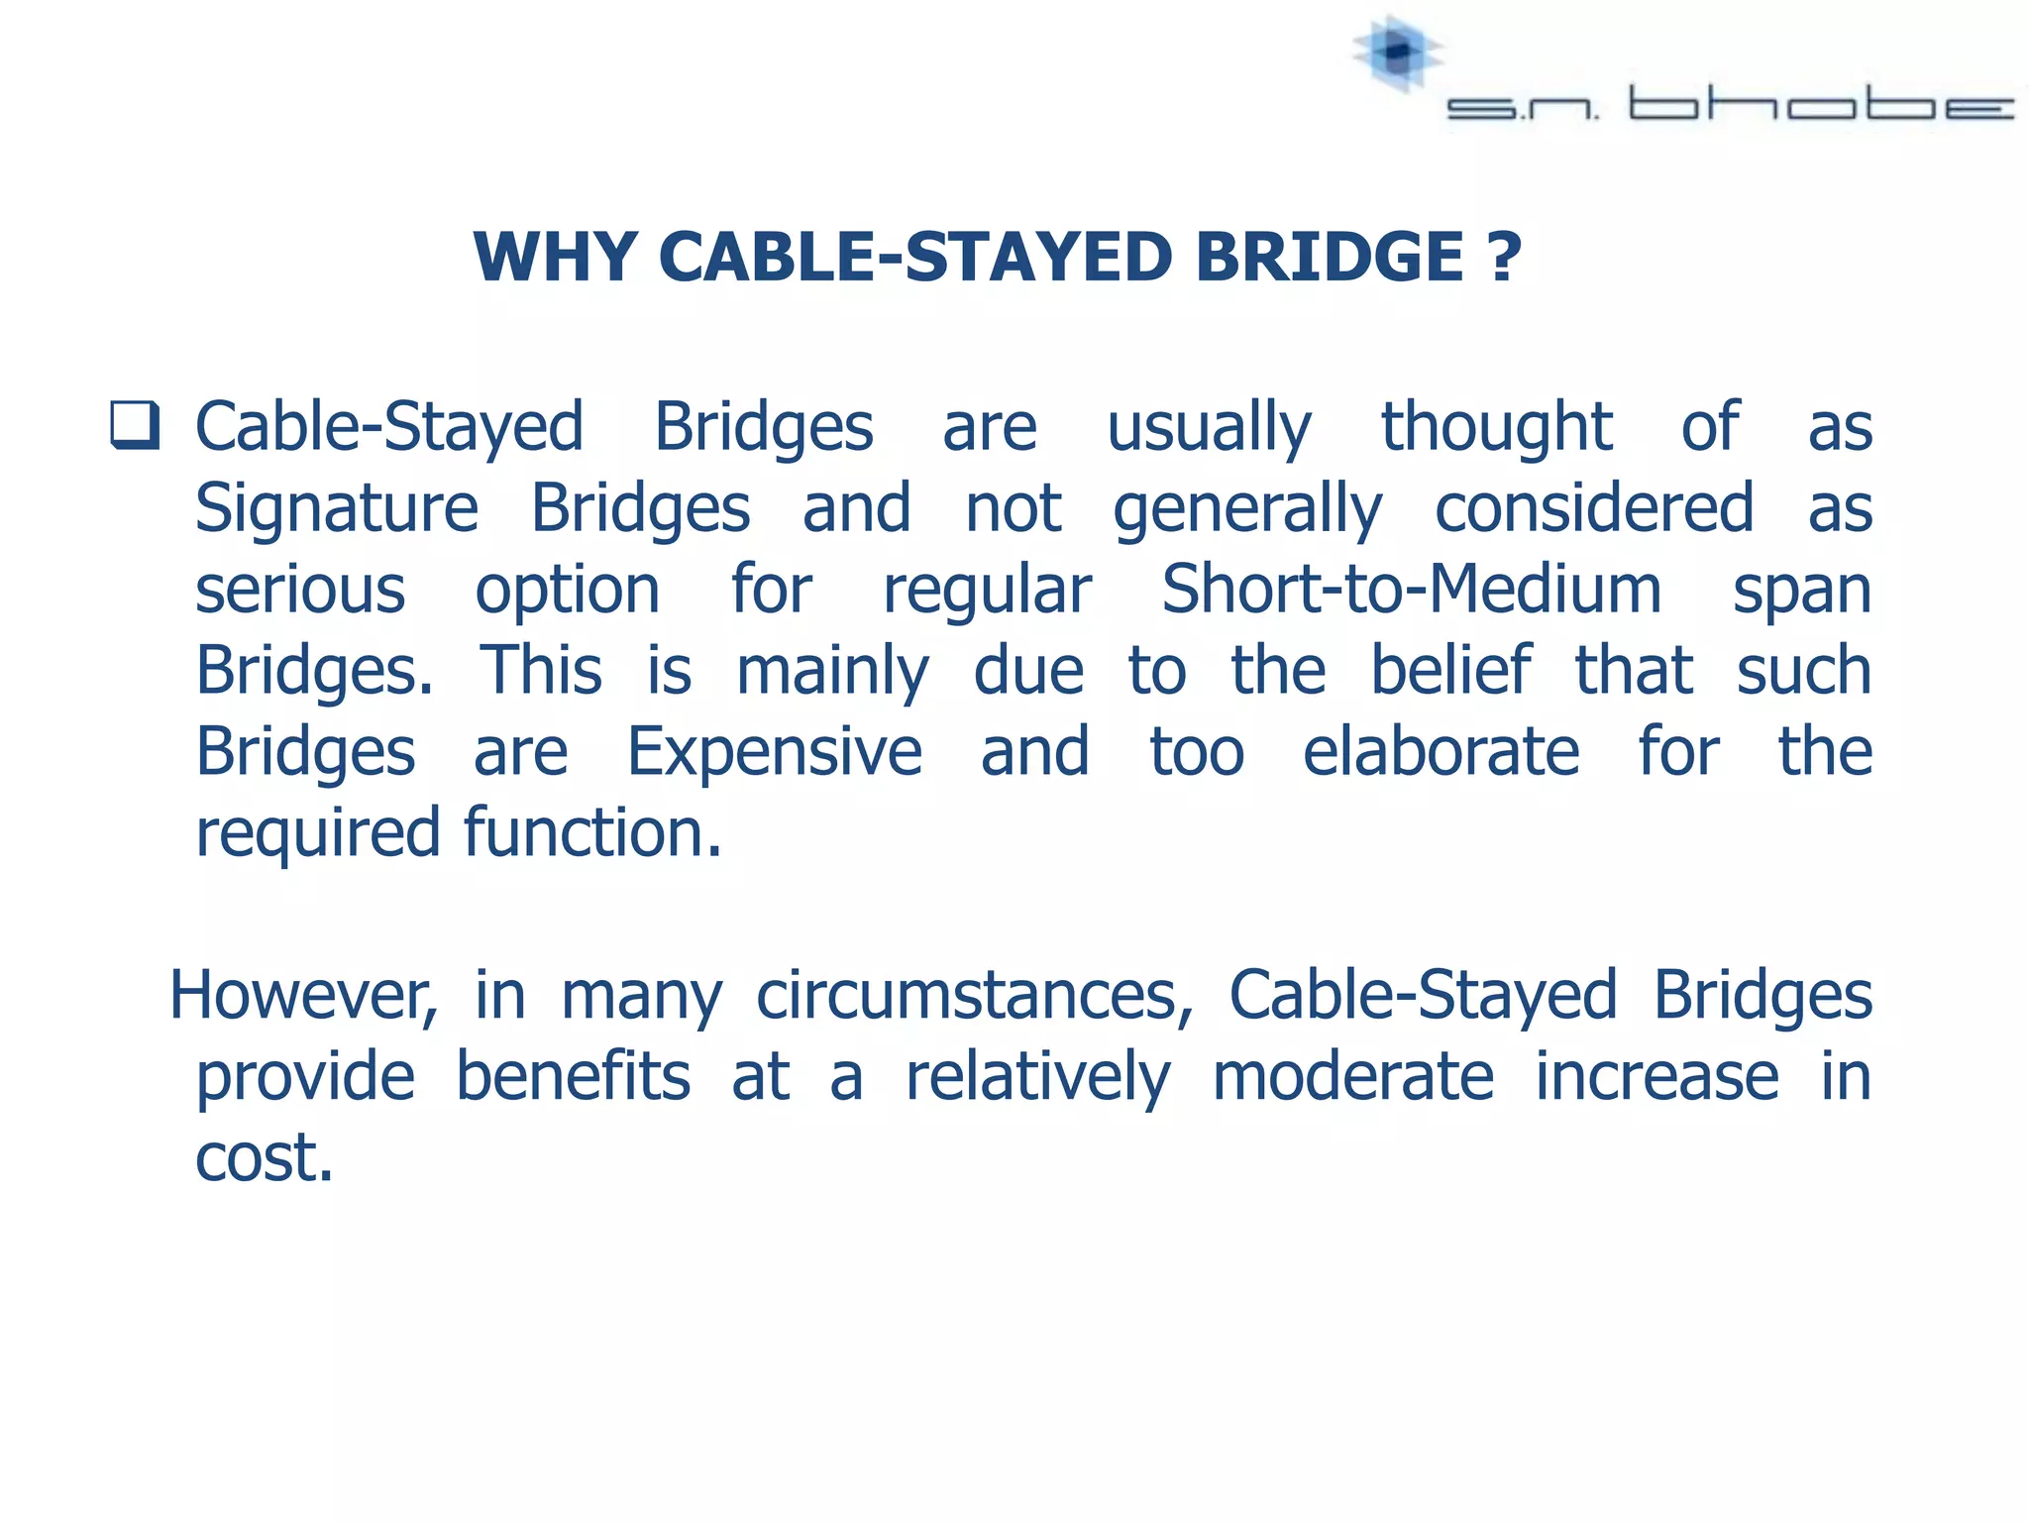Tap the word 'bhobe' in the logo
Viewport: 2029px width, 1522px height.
(1821, 105)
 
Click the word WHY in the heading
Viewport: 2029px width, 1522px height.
(555, 258)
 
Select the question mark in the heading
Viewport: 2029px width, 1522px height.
(1504, 258)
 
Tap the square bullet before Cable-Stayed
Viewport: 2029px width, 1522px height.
(135, 425)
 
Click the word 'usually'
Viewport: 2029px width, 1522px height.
(1209, 429)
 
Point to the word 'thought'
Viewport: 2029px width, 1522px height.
(1497, 427)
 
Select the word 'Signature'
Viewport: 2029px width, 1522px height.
(337, 510)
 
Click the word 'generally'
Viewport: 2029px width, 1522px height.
(1247, 510)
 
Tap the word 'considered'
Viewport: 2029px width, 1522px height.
(1594, 508)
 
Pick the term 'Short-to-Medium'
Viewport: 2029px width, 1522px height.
(1411, 590)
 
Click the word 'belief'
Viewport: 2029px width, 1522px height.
(1450, 671)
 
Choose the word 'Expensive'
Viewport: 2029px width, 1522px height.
(775, 752)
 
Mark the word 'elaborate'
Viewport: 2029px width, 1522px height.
(1441, 752)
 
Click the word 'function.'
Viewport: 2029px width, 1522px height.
(592, 833)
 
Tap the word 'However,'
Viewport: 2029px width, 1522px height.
(303, 996)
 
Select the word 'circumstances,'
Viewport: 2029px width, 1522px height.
(975, 996)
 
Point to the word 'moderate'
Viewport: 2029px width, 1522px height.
(1352, 1077)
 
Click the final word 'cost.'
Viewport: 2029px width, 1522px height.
(264, 1157)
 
